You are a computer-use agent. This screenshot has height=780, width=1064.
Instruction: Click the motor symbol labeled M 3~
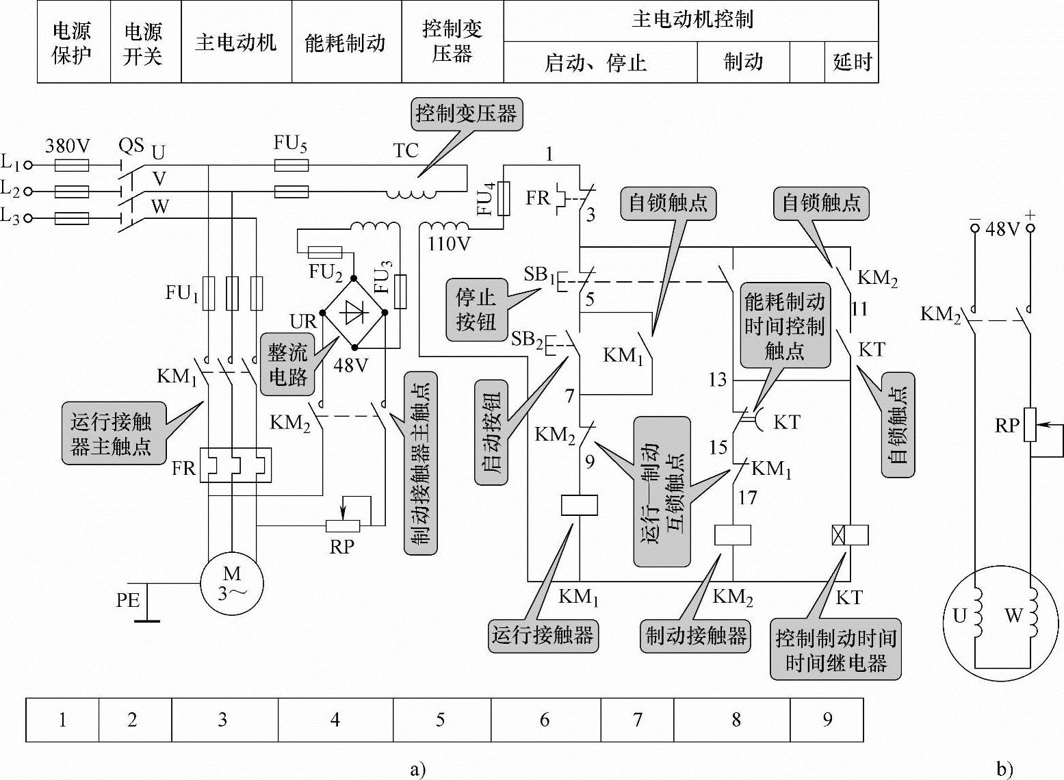[x=231, y=584]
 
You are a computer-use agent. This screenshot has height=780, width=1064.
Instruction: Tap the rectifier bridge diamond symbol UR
[x=354, y=313]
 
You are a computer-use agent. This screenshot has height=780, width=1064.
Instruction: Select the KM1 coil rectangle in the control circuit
[x=580, y=506]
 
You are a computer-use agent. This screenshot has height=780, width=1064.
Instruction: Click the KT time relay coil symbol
[x=851, y=535]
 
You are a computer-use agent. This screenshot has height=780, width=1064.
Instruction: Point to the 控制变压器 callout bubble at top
[x=467, y=114]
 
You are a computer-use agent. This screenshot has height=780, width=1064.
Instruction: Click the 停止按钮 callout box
[x=476, y=310]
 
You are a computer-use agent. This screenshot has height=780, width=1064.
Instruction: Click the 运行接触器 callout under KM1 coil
[x=543, y=635]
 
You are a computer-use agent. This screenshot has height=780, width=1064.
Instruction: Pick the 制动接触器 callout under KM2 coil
[x=696, y=635]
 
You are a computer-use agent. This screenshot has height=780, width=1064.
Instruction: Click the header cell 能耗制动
[x=346, y=42]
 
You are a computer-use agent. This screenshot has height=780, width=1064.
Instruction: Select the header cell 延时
[x=852, y=62]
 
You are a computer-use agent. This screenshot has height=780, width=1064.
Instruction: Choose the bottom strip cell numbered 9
[x=827, y=720]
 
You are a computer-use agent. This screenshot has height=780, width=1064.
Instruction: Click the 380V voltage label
[x=67, y=146]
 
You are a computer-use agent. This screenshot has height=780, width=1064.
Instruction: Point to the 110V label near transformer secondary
[x=449, y=244]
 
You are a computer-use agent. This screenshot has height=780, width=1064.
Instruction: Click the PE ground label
[x=128, y=600]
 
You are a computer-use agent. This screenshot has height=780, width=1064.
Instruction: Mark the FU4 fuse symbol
[x=504, y=198]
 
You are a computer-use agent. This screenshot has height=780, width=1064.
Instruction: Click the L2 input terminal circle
[x=28, y=192]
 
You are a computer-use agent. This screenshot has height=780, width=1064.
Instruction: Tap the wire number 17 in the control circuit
[x=747, y=497]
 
